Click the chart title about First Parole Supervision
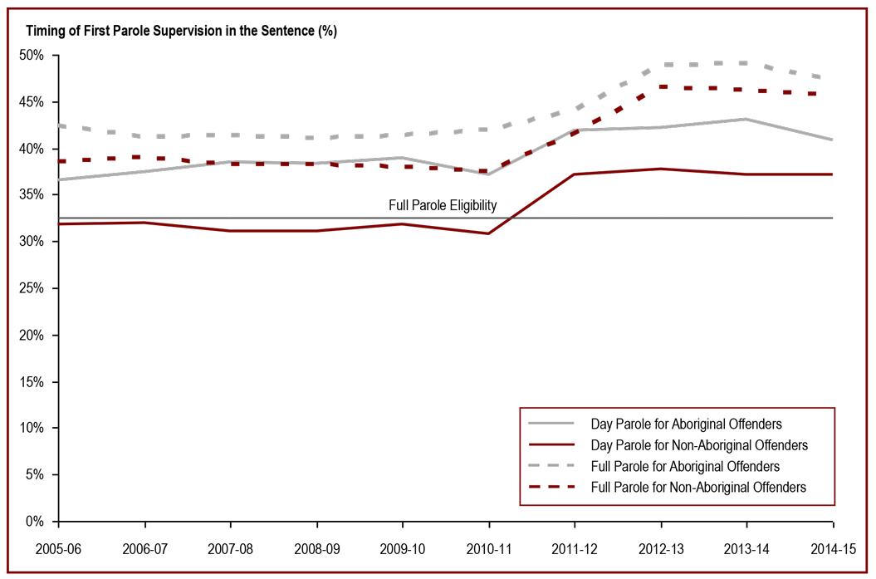pyautogui.click(x=181, y=32)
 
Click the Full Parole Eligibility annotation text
pyautogui.click(x=442, y=205)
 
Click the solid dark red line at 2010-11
pyautogui.click(x=489, y=233)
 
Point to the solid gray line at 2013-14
pyautogui.click(x=746, y=119)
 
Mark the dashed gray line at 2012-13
pyautogui.click(x=662, y=65)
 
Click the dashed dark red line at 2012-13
pyautogui.click(x=662, y=86)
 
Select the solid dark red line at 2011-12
pyautogui.click(x=575, y=174)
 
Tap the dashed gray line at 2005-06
pyautogui.click(x=60, y=125)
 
